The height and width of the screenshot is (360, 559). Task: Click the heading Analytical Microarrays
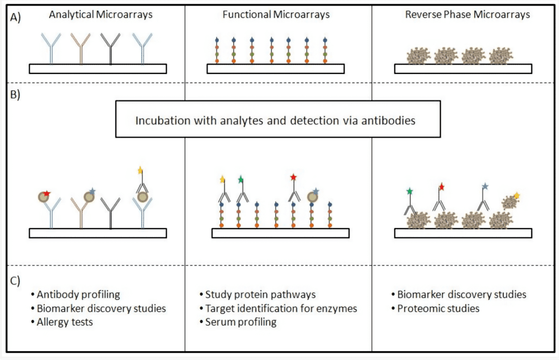(101, 15)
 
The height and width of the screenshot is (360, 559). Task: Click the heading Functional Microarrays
(276, 15)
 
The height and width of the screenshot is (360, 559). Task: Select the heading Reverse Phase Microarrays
(467, 15)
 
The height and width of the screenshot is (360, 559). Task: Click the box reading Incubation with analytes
(278, 119)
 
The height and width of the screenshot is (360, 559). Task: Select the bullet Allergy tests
(65, 321)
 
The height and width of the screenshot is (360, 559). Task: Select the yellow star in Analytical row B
(140, 170)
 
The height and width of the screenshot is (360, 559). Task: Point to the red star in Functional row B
(293, 178)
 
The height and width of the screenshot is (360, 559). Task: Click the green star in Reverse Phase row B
(410, 192)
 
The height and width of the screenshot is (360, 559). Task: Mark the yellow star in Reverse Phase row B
(517, 195)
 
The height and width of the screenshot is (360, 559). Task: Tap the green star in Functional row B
(241, 180)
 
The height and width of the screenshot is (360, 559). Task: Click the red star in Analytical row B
(46, 193)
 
